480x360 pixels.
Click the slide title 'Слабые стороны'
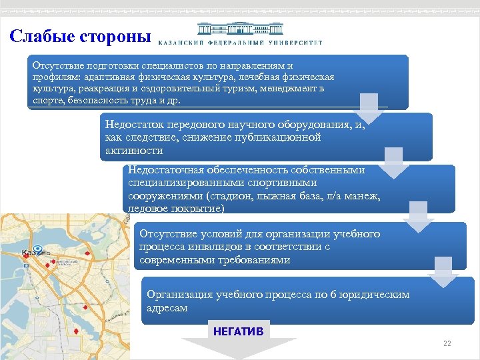(x=80, y=36)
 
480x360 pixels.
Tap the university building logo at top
(x=241, y=30)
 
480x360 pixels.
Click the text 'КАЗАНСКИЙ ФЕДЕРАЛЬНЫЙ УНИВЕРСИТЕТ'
(x=241, y=43)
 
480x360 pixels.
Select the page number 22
(x=447, y=343)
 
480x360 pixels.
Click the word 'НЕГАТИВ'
(x=238, y=331)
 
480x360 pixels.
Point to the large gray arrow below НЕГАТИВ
(x=238, y=348)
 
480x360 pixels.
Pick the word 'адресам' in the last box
(x=167, y=308)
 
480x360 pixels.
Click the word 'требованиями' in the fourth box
(x=257, y=260)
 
